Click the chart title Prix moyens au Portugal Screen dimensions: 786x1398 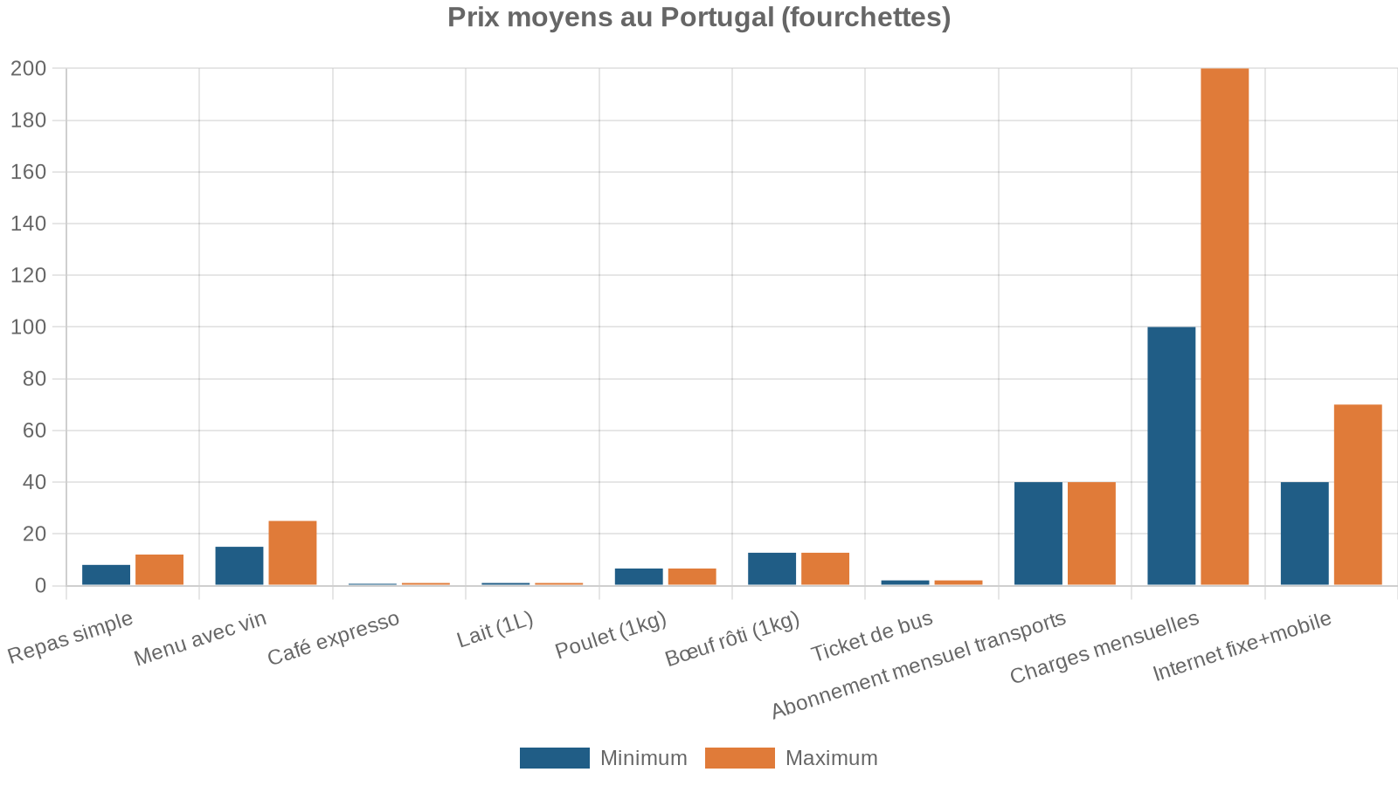click(x=698, y=17)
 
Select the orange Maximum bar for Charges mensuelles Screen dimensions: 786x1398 click(x=1224, y=327)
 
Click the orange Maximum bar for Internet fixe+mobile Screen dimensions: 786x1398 click(x=1357, y=494)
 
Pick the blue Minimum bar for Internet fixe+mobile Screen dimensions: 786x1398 click(x=1304, y=534)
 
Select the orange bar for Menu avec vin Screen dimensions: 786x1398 click(x=292, y=553)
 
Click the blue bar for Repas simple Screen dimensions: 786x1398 click(x=106, y=575)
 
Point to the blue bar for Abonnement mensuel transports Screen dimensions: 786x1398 click(x=1038, y=534)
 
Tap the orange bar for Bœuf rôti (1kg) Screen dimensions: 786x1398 click(x=825, y=569)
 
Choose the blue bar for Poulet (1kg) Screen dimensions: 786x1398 click(x=639, y=576)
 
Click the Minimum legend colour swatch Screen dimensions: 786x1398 click(x=554, y=758)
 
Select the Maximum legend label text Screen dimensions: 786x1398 click(x=831, y=758)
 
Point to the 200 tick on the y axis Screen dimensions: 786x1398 click(x=28, y=68)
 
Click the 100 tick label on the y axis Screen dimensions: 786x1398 click(x=28, y=327)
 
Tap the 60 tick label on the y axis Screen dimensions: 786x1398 click(x=33, y=430)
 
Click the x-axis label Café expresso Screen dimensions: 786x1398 click(x=333, y=638)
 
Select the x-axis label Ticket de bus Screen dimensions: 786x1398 click(x=871, y=638)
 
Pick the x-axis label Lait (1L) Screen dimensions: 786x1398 click(x=495, y=631)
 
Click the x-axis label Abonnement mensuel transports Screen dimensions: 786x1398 click(x=918, y=665)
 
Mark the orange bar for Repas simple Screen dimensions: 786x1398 click(x=159, y=569)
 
